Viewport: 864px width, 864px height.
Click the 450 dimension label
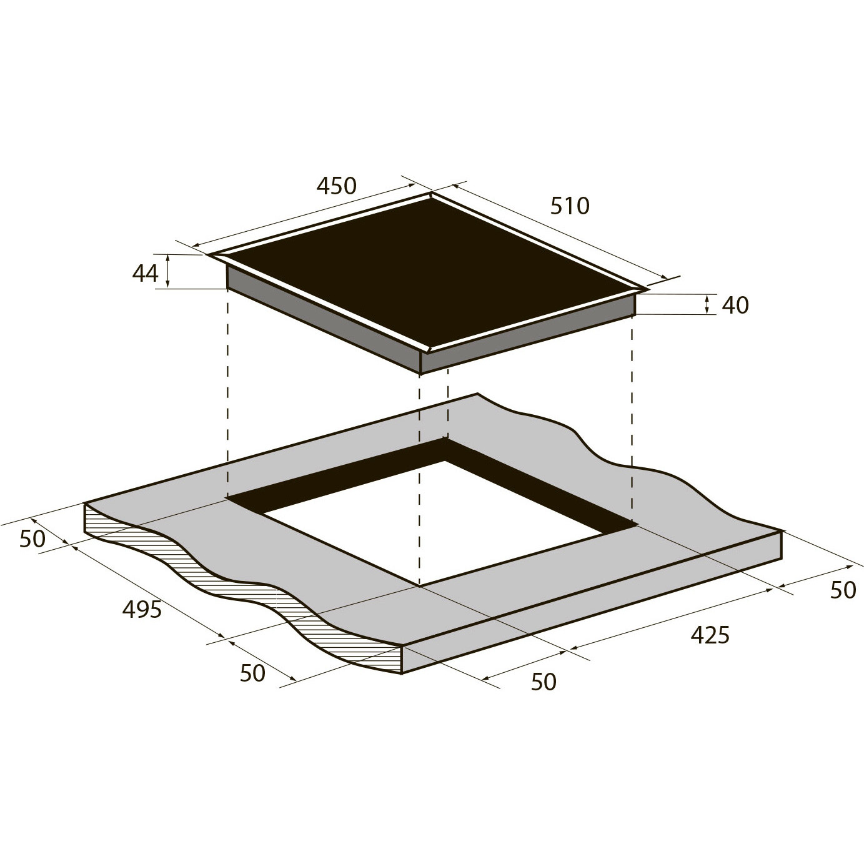pyautogui.click(x=336, y=186)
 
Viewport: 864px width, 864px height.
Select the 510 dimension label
pyautogui.click(x=569, y=206)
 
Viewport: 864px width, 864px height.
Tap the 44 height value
pyautogui.click(x=146, y=274)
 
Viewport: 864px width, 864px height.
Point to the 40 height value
pyautogui.click(x=735, y=305)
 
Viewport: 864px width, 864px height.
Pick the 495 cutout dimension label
pyautogui.click(x=142, y=609)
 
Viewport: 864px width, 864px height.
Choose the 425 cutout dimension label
pyautogui.click(x=710, y=635)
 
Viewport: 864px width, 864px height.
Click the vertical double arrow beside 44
pyautogui.click(x=167, y=271)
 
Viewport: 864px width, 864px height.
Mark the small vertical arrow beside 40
pyautogui.click(x=707, y=304)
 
